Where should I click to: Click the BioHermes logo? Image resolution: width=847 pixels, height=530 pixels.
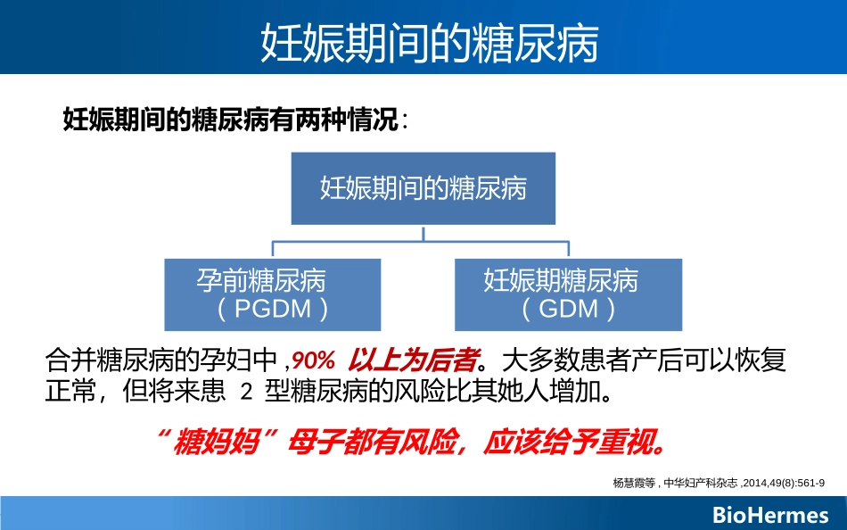(770, 515)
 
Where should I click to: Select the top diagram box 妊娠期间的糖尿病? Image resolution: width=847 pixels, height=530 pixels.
(423, 188)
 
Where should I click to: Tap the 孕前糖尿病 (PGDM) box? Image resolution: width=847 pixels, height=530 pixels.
(273, 294)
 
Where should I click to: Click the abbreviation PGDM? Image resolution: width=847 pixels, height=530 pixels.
(272, 310)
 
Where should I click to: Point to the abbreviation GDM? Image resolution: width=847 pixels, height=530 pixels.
(568, 310)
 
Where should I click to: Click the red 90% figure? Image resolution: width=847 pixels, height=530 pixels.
(313, 361)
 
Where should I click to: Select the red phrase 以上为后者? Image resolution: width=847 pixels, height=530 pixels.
(411, 361)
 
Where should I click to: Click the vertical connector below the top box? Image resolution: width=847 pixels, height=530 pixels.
(423, 233)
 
